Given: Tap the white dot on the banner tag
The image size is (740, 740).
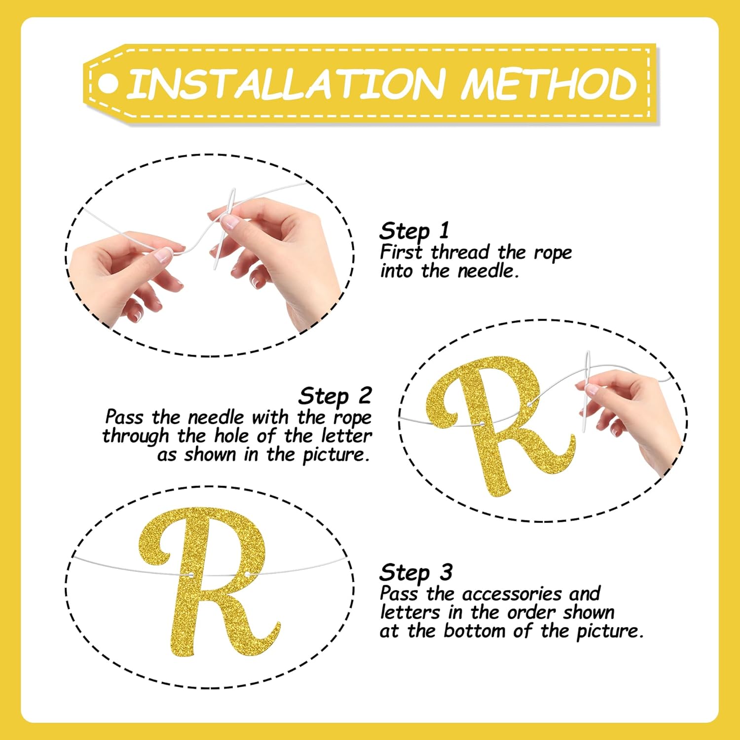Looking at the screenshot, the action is (108, 83).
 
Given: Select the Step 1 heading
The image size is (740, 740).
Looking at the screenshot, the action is (414, 231).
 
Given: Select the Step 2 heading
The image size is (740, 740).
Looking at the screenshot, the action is (335, 396).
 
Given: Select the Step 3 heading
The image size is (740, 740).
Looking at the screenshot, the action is (416, 573).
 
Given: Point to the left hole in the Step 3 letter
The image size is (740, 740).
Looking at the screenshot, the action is (191, 575).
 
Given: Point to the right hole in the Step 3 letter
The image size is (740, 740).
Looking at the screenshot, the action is (248, 574).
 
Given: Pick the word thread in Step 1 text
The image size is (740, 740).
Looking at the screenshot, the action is (461, 252).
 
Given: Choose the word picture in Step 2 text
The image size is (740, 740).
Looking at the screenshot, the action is (335, 455).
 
